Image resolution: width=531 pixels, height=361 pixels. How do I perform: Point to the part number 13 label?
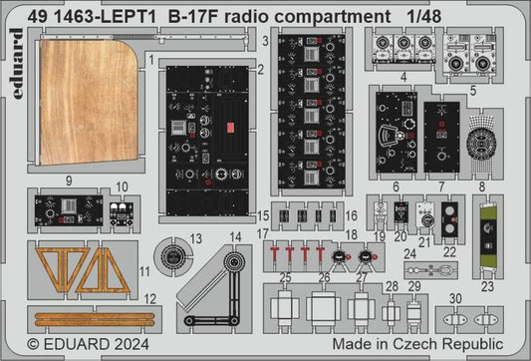196,238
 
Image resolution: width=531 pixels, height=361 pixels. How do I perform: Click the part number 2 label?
260,69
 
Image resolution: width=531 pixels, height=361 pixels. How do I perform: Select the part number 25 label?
285,276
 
